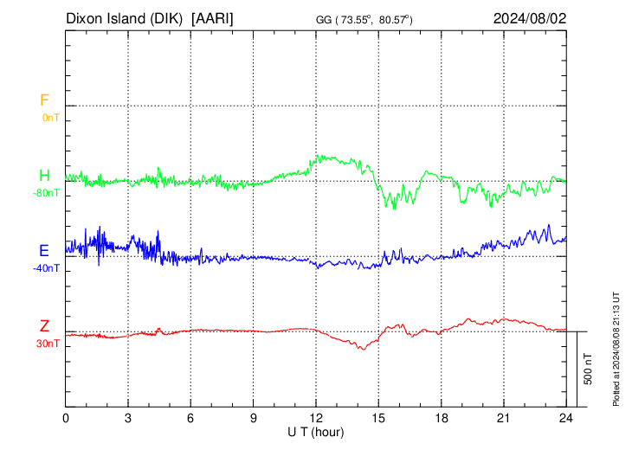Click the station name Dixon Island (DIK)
124,19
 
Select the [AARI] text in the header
212,19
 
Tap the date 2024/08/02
530,18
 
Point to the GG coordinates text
364,20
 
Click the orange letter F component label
44,100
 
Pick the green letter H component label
44,176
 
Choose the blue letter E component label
44,251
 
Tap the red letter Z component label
44,326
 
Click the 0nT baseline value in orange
51,118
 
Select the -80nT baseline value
47,193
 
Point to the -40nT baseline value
47,268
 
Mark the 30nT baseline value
48,344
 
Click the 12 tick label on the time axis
316,418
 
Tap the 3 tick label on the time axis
128,418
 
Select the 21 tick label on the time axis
504,418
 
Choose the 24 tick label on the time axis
566,418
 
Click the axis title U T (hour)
316,433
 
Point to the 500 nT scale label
588,369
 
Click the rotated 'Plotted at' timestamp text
616,349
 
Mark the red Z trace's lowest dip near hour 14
363,350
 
